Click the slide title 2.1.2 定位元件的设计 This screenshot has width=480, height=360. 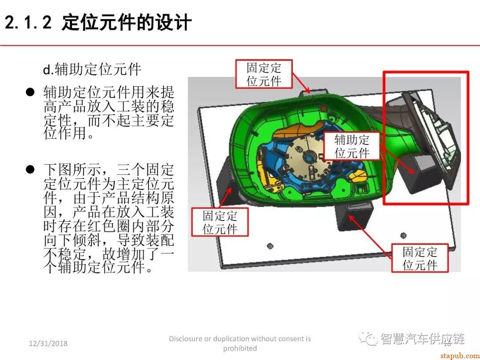coord(98,22)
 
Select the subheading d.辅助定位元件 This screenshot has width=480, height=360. coord(92,69)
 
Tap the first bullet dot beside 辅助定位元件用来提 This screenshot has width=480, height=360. coord(30,92)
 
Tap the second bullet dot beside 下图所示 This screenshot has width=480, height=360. coord(30,169)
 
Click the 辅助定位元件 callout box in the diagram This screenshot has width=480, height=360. coord(352,146)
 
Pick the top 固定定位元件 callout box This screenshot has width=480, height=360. coord(264,74)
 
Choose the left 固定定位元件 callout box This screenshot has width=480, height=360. coord(220,222)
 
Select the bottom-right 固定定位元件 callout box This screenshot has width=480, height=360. coord(420,258)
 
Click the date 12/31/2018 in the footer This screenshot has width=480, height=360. coord(48,344)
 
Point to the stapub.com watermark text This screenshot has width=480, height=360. coord(458,355)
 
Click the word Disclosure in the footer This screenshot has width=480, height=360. coord(185,339)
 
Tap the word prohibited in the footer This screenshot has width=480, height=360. coord(240,348)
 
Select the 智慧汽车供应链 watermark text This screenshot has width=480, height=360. coord(422,340)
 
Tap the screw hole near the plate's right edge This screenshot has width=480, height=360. coord(403,235)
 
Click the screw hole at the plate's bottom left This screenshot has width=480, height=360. coord(270,246)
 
